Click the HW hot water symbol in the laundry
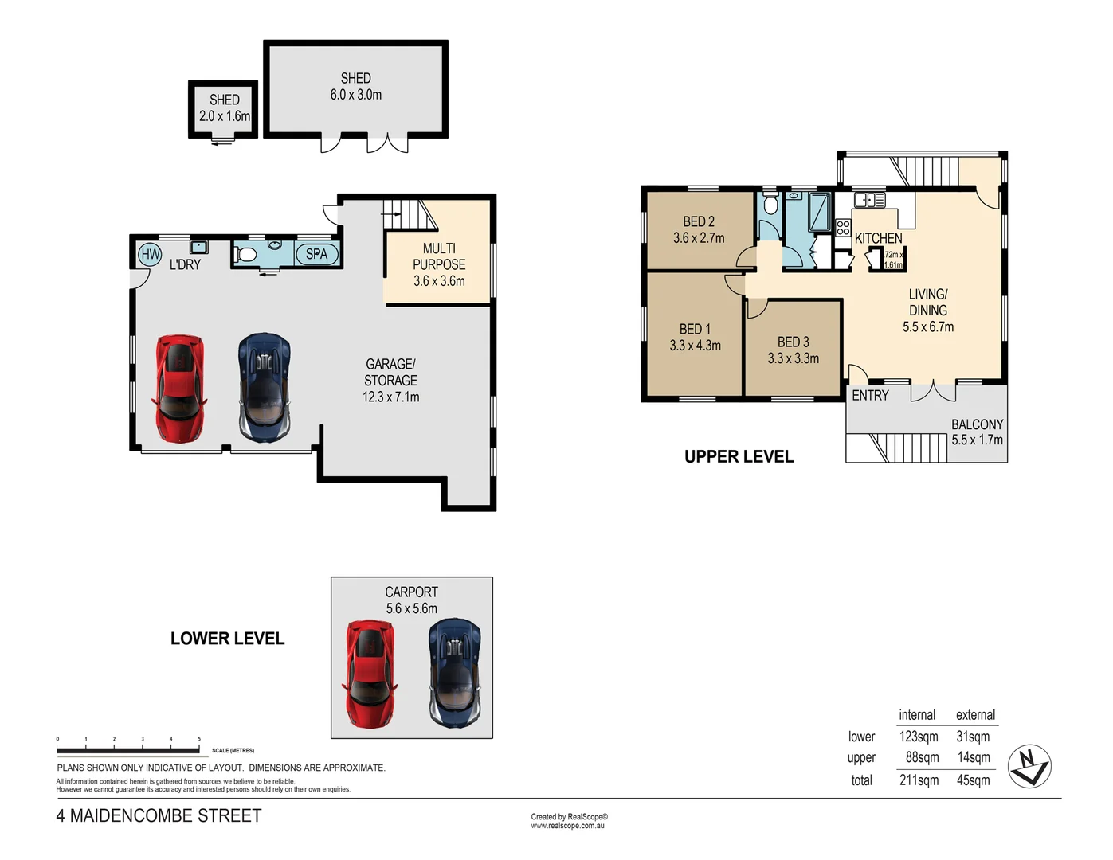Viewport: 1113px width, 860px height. coord(150,255)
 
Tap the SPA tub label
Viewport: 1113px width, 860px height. coord(316,254)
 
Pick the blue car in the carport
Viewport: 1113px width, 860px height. coord(454,674)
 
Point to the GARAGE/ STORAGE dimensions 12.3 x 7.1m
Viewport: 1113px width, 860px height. coord(390,397)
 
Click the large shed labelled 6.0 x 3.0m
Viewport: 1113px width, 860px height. coord(355,87)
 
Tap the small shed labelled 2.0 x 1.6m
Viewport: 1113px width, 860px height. coord(224,108)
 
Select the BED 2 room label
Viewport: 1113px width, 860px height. coord(699,222)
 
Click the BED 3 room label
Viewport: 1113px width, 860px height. coord(793,342)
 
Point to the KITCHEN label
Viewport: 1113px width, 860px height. coord(878,238)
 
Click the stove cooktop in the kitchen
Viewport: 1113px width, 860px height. coord(843,227)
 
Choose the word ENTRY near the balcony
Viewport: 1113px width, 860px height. coord(870,395)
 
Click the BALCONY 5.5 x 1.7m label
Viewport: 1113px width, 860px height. coord(977,432)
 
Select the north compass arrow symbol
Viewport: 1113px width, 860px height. coord(1029,767)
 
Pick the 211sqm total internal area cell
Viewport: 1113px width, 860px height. coord(919,780)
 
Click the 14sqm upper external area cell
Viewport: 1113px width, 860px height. coord(974,757)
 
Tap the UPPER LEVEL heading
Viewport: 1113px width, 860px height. coord(739,456)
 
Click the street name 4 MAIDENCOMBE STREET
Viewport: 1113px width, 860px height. coord(159,815)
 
